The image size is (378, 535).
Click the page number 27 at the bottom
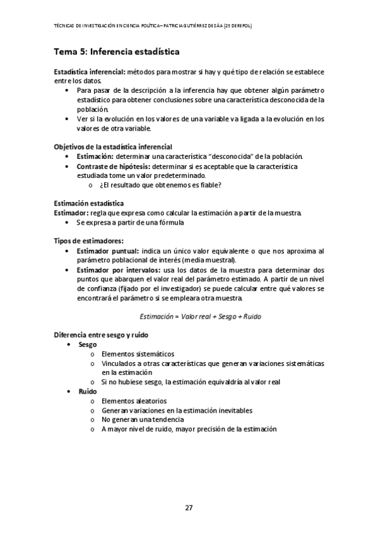pos(189,508)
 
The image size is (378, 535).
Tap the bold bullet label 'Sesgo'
pos(87,345)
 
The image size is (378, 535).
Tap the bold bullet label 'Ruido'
pos(87,391)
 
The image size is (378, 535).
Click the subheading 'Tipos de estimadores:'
pos(88,241)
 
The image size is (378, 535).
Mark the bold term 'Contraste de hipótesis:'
pos(112,166)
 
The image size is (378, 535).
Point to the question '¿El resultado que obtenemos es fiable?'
pos(160,185)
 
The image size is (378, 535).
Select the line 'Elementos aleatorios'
pos(134,401)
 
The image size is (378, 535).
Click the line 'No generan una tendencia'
pos(142,420)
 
